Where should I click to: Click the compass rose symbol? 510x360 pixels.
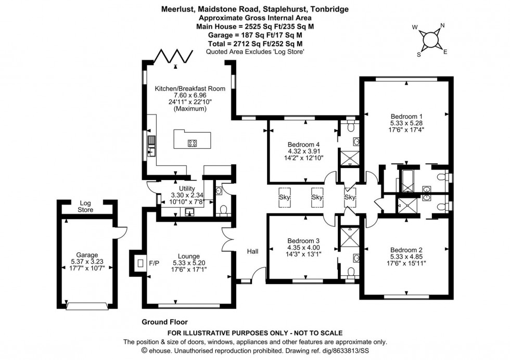click(431, 39)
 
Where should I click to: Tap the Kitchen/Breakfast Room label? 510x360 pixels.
click(190, 88)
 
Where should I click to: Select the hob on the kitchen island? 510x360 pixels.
click(192, 143)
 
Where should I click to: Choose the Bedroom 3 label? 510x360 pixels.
click(303, 241)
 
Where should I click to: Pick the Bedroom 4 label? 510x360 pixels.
click(303, 145)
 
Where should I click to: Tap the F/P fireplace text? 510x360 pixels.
click(155, 264)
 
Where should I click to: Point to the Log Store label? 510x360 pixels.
click(85, 207)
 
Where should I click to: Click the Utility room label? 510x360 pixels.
click(186, 188)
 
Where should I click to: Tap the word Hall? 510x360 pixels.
click(253, 252)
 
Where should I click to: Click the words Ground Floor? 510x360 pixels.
click(164, 322)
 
